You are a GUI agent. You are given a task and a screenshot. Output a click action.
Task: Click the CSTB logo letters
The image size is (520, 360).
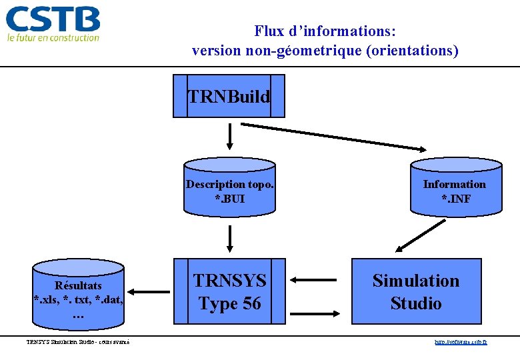(x=53, y=19)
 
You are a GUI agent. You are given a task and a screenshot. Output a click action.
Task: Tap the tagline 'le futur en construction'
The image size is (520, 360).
(x=53, y=38)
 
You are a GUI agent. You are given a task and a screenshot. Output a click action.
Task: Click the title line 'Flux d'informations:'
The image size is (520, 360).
(x=325, y=31)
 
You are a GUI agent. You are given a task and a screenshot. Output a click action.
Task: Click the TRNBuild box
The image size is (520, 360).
(x=229, y=96)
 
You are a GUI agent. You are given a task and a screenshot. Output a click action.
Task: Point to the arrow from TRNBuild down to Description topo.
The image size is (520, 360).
(x=229, y=136)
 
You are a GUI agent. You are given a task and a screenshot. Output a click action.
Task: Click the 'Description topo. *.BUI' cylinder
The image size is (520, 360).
(x=229, y=189)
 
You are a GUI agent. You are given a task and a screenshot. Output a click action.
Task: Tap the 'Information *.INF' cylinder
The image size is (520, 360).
(x=455, y=189)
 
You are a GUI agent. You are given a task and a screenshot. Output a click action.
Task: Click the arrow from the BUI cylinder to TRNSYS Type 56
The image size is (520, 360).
(x=229, y=239)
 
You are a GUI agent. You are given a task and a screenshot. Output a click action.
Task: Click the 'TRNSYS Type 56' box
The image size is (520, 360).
(x=229, y=291)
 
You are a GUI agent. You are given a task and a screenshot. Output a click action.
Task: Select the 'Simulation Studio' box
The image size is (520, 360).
(x=415, y=291)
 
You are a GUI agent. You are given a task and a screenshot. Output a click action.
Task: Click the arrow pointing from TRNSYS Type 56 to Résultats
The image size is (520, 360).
(x=150, y=291)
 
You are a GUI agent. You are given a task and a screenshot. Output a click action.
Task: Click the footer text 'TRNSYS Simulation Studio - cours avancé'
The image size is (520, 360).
(x=78, y=342)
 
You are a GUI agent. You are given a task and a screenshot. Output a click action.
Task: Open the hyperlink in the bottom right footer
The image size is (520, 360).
(x=460, y=342)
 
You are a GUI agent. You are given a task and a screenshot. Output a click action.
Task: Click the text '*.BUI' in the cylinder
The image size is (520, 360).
(x=229, y=197)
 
